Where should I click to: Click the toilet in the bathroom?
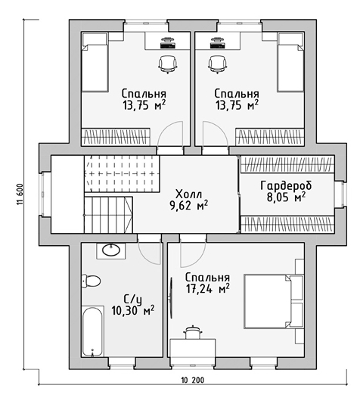pos(91,281)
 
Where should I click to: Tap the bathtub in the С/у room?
pos(93,331)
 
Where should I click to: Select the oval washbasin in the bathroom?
pos(111,250)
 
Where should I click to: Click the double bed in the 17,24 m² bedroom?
pos(273,301)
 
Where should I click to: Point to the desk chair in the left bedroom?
pos(168,64)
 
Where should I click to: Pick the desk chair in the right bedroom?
pos(218,64)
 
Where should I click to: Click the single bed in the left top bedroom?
pos(95,62)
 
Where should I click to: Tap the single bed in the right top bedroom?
pos(290,62)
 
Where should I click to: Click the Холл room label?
pos(188,194)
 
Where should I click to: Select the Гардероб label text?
pos(286,185)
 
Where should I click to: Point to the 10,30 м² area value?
pos(133,311)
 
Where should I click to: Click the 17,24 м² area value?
pos(208,289)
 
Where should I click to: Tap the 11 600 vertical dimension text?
pos(20,194)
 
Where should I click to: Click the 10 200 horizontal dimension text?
pos(193,380)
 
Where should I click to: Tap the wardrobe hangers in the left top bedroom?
pos(116,137)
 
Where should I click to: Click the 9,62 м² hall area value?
pos(188,206)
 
